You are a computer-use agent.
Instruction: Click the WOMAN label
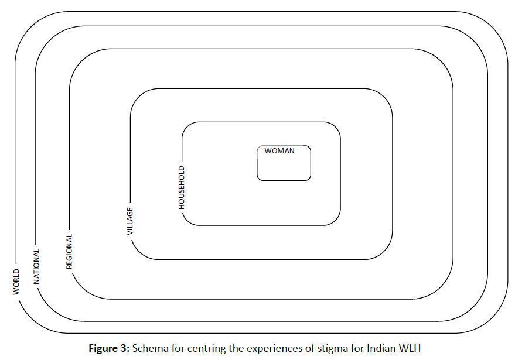279,150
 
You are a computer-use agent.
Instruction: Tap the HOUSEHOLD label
182,187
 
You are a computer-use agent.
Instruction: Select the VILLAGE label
130,221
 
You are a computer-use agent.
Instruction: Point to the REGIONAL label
69,252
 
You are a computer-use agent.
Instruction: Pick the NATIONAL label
36,266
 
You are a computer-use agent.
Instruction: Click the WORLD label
16,282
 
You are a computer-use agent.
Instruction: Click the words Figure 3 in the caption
108,348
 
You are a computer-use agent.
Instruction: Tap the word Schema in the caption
149,348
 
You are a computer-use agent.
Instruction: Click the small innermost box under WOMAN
284,167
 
